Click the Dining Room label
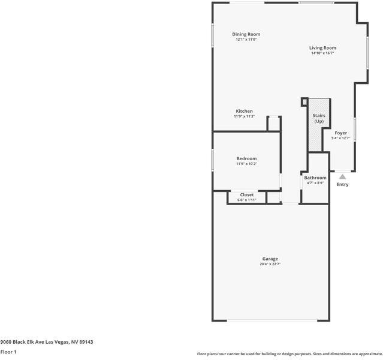(x=246, y=34)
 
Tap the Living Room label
(x=322, y=48)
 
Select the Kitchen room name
(x=244, y=111)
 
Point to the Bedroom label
(x=246, y=158)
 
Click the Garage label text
(x=270, y=259)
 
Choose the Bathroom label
(x=315, y=178)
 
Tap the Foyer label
(x=340, y=133)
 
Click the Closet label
(x=246, y=194)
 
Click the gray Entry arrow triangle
(x=342, y=176)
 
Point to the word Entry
(x=342, y=184)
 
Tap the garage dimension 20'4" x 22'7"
(x=270, y=264)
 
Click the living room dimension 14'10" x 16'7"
(x=322, y=53)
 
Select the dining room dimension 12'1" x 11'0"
(x=246, y=40)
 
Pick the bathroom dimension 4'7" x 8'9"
(x=315, y=183)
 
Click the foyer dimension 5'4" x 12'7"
(x=340, y=138)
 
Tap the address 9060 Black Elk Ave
(x=47, y=341)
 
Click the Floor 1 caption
(x=8, y=352)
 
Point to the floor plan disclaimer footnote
(x=289, y=354)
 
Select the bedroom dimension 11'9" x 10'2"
(x=246, y=164)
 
